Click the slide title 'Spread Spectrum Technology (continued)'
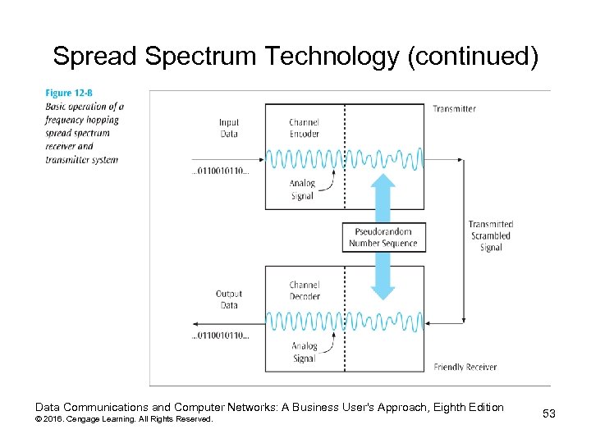[x=295, y=57]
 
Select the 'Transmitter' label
[x=454, y=109]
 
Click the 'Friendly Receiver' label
[x=465, y=367]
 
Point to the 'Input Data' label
[x=229, y=129]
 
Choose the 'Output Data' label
[x=229, y=299]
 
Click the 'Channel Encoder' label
[x=304, y=129]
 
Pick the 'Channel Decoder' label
[x=304, y=290]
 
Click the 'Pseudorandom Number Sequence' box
[x=383, y=237]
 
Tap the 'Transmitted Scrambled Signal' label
[x=491, y=235]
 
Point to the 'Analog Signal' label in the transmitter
[x=302, y=190]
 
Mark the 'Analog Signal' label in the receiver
[x=305, y=352]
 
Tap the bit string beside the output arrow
[x=220, y=336]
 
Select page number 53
[x=549, y=413]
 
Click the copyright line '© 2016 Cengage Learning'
[x=123, y=419]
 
